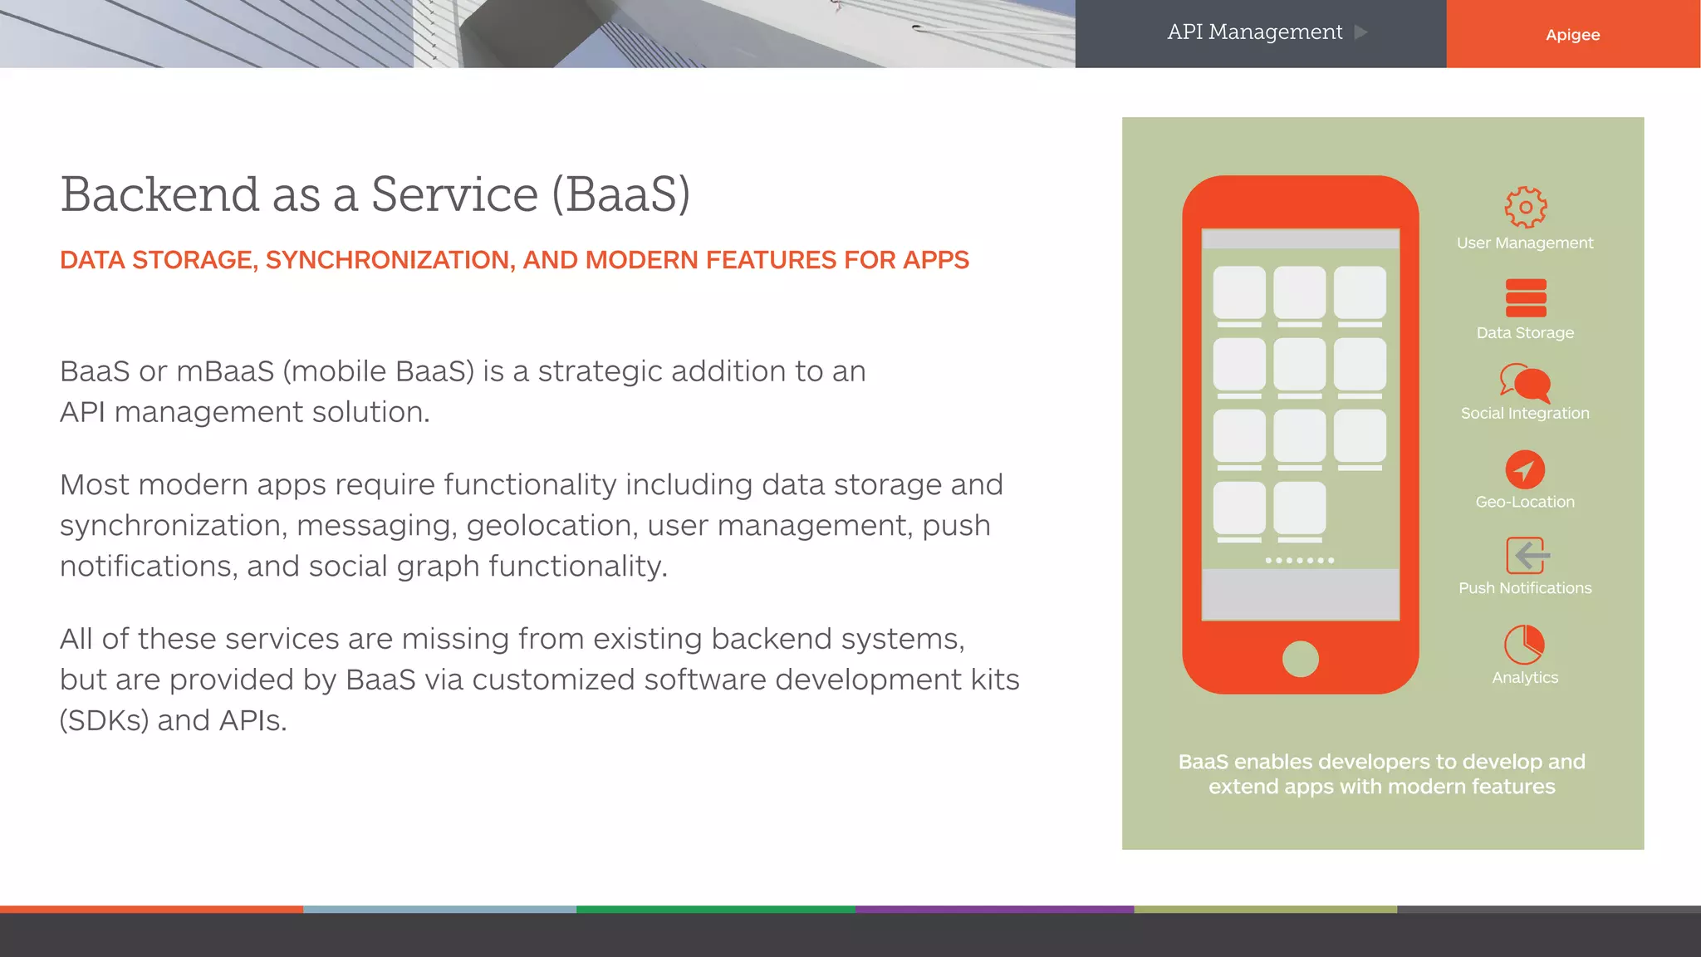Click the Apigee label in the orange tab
point(1572,35)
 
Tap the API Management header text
point(1254,32)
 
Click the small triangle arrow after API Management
point(1360,32)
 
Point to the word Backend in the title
point(159,195)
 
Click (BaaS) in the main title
point(621,195)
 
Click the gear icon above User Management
point(1525,207)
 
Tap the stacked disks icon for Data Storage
point(1525,298)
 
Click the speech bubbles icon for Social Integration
point(1525,383)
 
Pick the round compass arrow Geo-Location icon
point(1525,470)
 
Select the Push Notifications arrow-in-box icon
point(1527,556)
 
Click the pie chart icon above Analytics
point(1524,645)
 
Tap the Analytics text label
point(1525,678)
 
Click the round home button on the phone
point(1300,659)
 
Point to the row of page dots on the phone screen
point(1300,561)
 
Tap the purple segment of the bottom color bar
point(994,910)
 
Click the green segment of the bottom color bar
point(715,910)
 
